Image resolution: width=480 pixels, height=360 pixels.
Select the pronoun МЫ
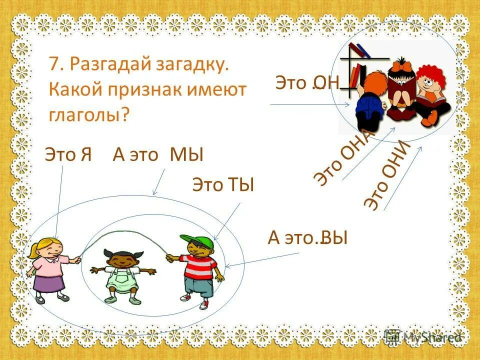[187, 155]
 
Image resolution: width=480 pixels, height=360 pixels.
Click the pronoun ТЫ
[242, 185]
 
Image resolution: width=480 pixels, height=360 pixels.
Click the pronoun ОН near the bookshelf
[327, 82]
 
